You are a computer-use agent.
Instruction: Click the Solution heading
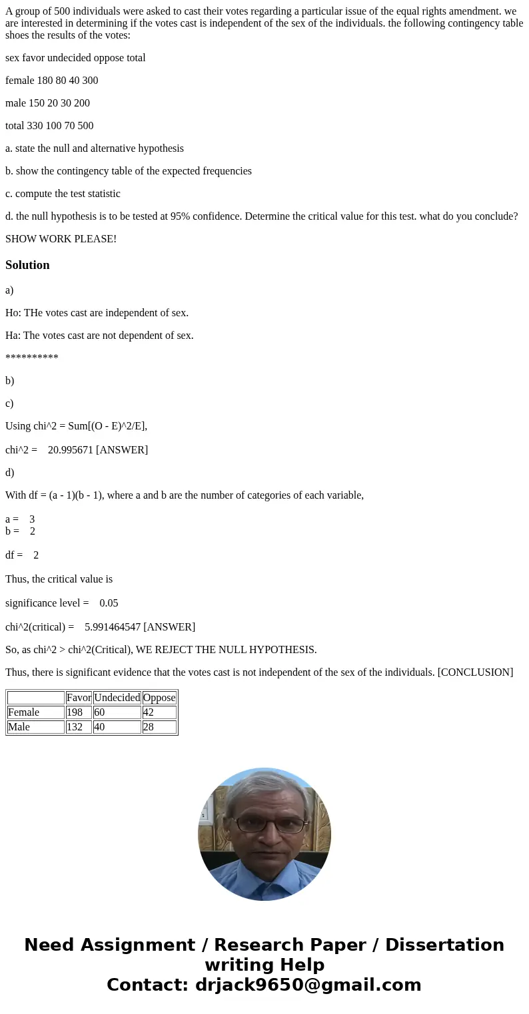coord(27,265)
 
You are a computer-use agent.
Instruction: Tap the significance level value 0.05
coord(109,603)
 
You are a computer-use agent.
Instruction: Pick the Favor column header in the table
coord(79,698)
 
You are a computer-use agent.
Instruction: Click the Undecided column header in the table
coord(117,698)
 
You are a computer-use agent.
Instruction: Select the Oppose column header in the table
coord(159,698)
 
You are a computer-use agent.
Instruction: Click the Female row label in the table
coord(23,712)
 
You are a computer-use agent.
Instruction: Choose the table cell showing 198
coord(75,712)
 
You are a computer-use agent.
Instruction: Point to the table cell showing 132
coord(75,727)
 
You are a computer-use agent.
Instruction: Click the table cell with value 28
coord(148,727)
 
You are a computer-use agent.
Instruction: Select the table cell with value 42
coord(148,712)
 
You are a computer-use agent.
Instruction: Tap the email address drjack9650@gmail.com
coord(308,985)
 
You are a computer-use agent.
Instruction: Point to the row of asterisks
coord(32,358)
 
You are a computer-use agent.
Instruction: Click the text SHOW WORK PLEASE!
coord(61,239)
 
